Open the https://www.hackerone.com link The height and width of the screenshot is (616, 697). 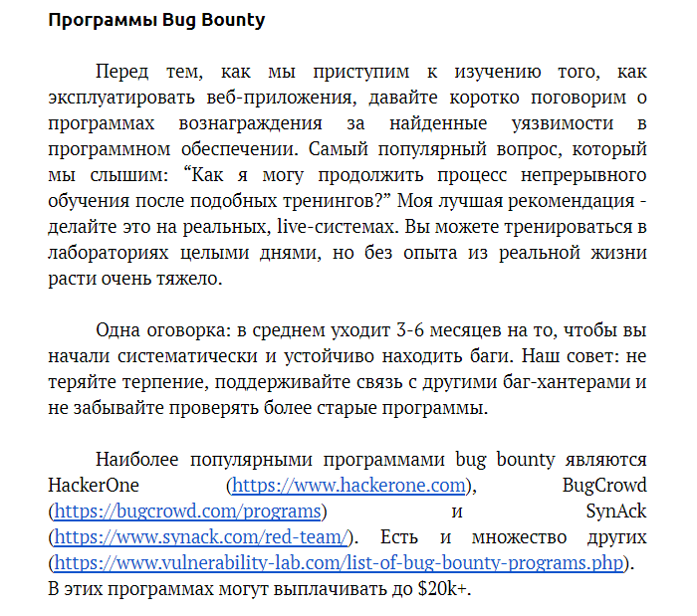click(x=348, y=485)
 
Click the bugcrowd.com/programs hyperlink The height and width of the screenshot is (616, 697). click(x=188, y=511)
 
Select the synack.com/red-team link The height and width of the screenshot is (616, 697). click(x=201, y=536)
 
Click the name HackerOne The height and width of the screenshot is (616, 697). click(x=94, y=485)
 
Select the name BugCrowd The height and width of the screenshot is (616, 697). click(x=604, y=485)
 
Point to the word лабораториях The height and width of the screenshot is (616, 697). click(x=110, y=253)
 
